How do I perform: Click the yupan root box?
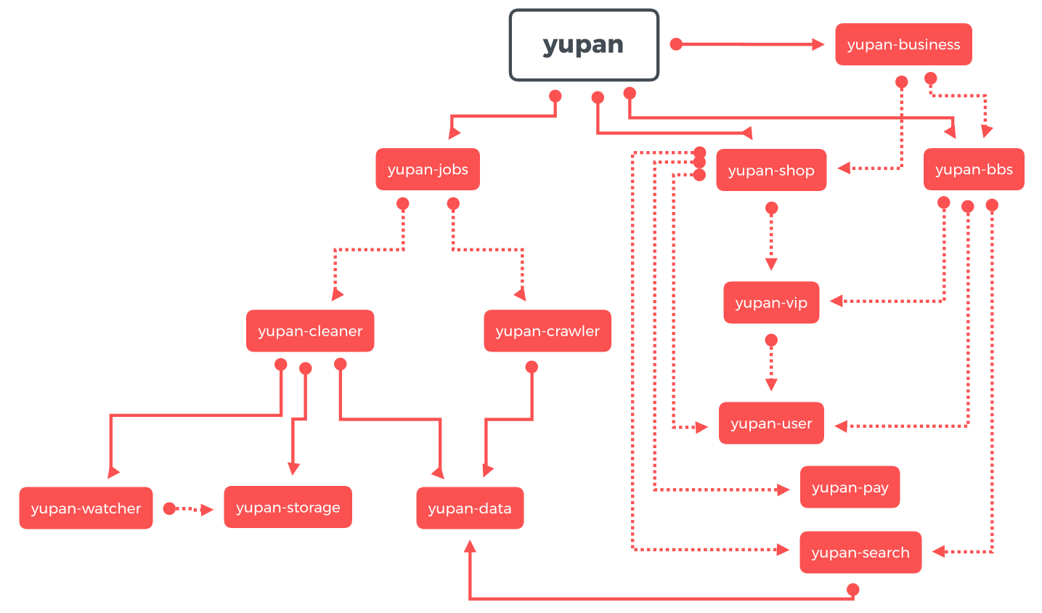pos(584,45)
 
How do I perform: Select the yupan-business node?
pos(903,44)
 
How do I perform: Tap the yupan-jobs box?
pos(428,170)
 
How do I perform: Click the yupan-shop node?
pos(771,171)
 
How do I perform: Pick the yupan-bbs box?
pos(974,170)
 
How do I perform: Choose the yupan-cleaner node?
pos(310,331)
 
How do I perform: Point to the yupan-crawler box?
pos(548,331)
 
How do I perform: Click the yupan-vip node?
pos(771,303)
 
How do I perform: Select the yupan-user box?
pos(771,423)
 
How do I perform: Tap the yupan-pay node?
pos(850,487)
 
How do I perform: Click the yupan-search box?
pos(860,553)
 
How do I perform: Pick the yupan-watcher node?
pos(86,508)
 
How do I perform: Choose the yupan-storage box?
pos(288,508)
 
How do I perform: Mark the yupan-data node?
pos(470,508)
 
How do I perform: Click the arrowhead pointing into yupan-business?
pos(818,45)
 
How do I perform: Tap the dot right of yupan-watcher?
pos(169,508)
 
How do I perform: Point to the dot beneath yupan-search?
pos(853,589)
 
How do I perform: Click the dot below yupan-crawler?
pos(532,368)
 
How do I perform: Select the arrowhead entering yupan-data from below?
pos(470,546)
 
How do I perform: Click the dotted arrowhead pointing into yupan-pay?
pos(783,490)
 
